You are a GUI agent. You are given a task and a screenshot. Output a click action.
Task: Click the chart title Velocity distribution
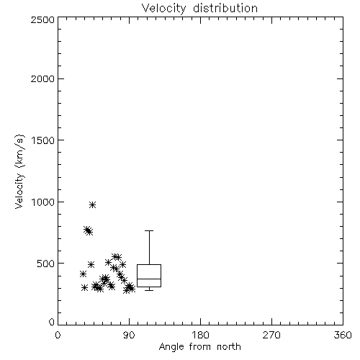199,9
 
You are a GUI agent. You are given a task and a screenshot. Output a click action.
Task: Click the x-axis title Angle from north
199,347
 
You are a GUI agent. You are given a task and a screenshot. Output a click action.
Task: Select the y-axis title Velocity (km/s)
19,171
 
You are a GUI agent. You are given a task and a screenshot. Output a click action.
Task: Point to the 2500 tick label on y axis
42,19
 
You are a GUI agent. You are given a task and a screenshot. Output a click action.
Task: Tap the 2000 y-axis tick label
42,78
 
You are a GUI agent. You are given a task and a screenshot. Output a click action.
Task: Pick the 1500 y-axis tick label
43,140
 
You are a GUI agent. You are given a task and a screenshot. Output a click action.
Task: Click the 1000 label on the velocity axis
43,202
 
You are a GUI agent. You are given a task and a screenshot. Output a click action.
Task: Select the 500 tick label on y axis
46,264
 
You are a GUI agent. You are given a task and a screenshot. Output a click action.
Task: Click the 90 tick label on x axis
129,335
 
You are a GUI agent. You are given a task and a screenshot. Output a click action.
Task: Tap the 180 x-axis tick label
200,335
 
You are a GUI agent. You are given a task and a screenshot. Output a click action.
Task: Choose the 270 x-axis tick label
271,335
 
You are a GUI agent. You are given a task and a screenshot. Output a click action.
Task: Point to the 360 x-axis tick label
343,335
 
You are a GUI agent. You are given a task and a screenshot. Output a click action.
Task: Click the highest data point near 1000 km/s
93,205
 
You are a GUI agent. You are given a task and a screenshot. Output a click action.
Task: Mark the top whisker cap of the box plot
149,230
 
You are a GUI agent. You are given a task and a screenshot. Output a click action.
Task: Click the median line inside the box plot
149,279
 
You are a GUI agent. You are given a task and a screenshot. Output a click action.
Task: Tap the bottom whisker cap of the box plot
149,290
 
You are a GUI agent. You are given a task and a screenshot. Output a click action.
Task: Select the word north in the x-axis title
229,347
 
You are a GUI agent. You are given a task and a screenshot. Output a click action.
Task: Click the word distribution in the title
225,8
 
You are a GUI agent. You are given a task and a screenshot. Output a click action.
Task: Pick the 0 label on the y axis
52,322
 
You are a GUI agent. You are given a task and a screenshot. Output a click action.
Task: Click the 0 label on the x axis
58,335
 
